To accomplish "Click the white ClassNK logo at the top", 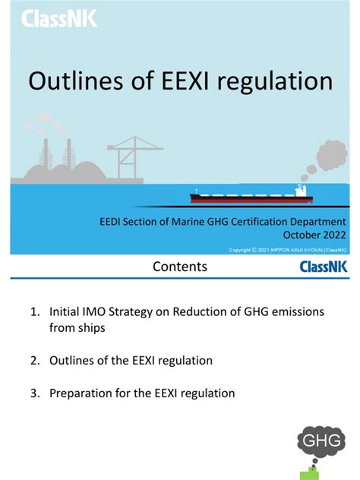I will coord(59,18).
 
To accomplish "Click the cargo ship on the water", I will coord(251,197).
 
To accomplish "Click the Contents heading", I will coord(179,267).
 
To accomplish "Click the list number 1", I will coord(34,312).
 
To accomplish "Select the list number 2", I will coord(34,359).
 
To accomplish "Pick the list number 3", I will coord(34,393).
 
